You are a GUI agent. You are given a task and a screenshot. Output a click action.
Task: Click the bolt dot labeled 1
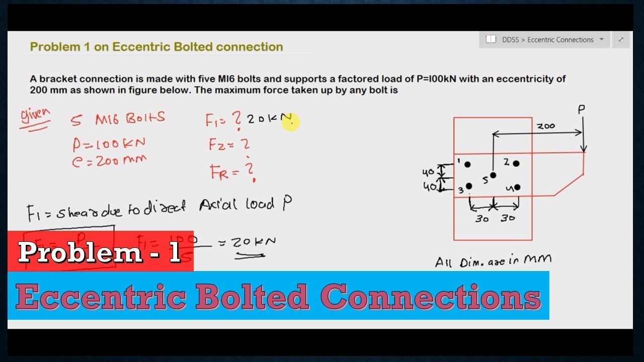click(468, 164)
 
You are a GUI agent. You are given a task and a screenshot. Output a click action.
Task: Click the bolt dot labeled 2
click(516, 163)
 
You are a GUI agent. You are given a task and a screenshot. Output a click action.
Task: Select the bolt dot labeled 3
click(469, 186)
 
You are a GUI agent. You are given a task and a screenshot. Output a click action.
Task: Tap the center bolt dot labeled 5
click(493, 175)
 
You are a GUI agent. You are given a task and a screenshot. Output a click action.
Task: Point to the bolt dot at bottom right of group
click(517, 188)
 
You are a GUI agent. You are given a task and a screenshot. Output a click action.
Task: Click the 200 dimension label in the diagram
click(545, 126)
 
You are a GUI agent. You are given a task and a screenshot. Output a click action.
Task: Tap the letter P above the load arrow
click(581, 109)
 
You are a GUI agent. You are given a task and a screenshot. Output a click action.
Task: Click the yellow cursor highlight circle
click(290, 121)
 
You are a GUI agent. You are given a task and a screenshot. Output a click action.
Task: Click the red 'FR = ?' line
click(232, 172)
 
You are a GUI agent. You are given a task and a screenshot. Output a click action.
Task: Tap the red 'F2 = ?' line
click(229, 145)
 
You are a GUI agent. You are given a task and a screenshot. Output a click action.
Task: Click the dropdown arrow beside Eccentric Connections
click(602, 40)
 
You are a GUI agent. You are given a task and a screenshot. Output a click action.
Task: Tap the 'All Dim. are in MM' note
click(493, 260)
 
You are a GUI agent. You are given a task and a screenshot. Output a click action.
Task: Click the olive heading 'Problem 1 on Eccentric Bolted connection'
click(156, 47)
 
